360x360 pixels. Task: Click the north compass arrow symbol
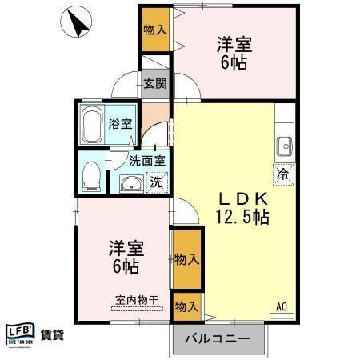tap(77, 22)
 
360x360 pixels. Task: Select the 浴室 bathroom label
tap(127, 125)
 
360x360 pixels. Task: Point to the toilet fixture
tap(91, 177)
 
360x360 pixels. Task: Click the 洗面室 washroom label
tap(147, 160)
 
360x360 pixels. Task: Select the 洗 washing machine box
tap(157, 182)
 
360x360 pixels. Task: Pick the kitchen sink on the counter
tap(284, 146)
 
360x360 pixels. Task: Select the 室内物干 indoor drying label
tap(137, 300)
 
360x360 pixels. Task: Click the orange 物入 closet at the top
tap(155, 30)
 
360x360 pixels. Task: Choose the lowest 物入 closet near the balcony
tap(186, 307)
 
